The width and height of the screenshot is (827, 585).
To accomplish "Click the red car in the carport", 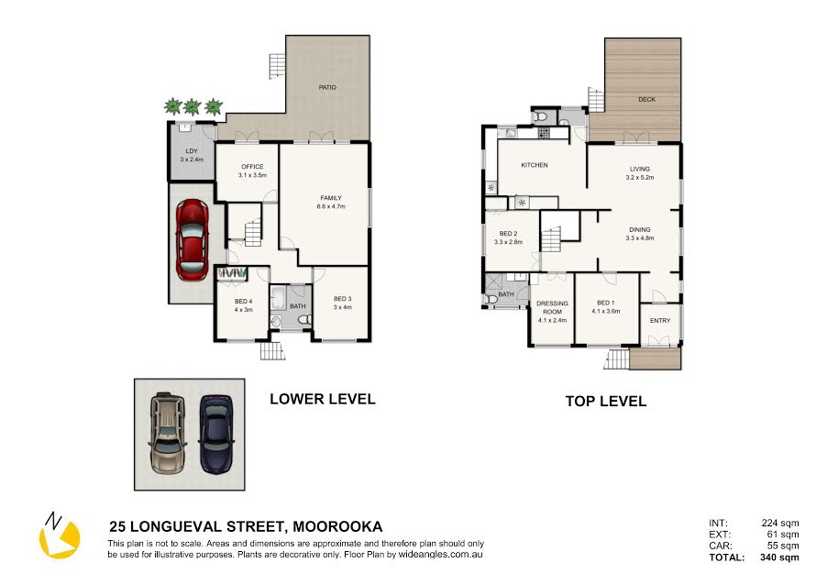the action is click(x=192, y=239).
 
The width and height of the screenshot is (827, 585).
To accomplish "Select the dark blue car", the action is click(x=215, y=434).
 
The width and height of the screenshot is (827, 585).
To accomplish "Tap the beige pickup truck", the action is click(x=168, y=433).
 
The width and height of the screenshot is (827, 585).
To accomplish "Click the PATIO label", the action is click(x=327, y=87).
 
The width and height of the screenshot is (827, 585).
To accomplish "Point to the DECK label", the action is click(x=646, y=99).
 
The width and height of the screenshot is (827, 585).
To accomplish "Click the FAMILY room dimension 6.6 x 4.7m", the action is click(x=331, y=207).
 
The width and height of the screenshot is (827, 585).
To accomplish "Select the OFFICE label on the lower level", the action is click(x=252, y=167).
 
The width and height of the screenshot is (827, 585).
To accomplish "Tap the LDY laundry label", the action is click(x=192, y=151).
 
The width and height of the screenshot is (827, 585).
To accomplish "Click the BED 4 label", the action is click(x=243, y=302).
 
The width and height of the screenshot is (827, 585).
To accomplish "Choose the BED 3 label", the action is click(x=342, y=299).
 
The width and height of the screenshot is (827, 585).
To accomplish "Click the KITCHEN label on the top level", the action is click(x=535, y=165).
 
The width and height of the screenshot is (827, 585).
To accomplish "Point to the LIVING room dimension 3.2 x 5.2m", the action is click(x=640, y=178).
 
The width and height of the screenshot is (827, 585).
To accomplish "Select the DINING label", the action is click(x=640, y=230).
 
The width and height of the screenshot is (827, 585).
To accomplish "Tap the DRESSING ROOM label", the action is click(x=552, y=307).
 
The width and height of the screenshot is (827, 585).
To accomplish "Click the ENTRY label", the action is click(x=660, y=321).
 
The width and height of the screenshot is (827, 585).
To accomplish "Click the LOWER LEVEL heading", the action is click(x=323, y=399).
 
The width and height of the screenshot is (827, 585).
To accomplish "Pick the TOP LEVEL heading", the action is click(x=606, y=402).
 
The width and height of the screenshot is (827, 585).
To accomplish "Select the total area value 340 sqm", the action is click(x=779, y=557).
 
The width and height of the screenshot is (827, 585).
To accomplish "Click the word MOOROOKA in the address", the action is click(x=337, y=526).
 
